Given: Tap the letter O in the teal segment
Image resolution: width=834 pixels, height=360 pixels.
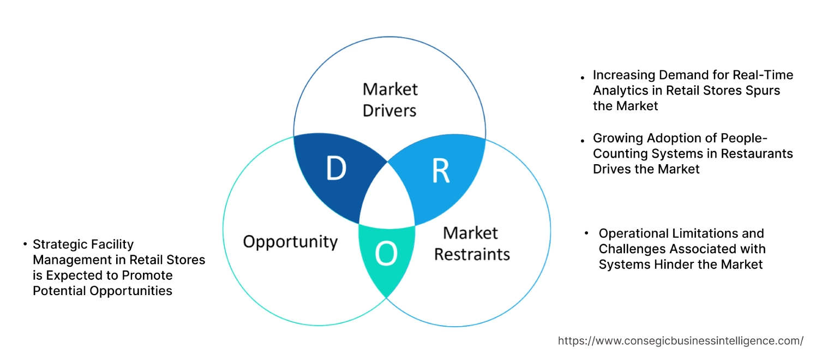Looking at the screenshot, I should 386,254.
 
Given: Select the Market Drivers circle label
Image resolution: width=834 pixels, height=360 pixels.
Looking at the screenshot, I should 389,100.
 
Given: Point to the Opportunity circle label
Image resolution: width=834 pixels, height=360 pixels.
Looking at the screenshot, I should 290,242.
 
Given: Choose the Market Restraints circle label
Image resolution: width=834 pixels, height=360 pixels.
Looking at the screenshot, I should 472,243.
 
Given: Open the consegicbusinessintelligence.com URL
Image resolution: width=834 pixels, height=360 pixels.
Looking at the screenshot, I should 680,341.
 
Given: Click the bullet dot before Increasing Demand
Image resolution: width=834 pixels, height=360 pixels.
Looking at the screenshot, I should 583,77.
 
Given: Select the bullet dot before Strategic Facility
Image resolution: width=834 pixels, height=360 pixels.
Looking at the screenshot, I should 25,244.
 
